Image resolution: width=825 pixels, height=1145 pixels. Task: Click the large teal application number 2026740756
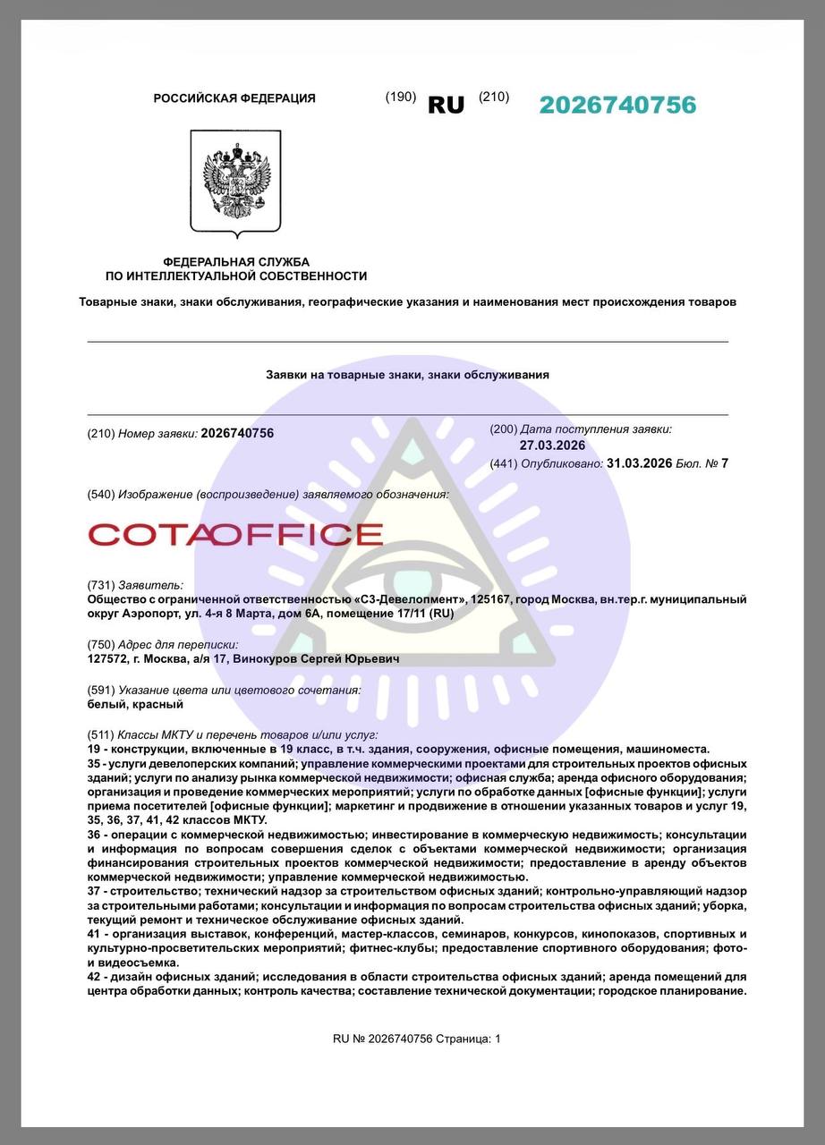[x=617, y=105]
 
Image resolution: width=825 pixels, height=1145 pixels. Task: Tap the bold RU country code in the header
[x=446, y=105]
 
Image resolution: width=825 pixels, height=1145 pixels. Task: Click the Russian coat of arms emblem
[x=235, y=182]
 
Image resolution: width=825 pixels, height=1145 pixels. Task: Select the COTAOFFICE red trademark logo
[x=235, y=535]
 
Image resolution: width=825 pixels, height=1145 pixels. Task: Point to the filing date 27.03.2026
[x=552, y=445]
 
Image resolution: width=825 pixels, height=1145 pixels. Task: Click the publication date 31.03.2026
[x=639, y=462]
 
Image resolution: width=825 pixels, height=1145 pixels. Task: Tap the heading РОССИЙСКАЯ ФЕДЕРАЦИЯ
[x=234, y=98]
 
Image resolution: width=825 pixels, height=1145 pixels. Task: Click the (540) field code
[x=101, y=495]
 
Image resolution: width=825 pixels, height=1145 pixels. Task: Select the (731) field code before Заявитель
[x=100, y=585]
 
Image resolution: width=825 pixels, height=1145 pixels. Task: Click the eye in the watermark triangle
[x=412, y=572]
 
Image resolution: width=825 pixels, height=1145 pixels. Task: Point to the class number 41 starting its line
[x=94, y=934]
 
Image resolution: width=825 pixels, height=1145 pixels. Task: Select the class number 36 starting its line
[x=94, y=835]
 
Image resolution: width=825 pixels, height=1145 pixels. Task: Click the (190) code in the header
[x=401, y=97]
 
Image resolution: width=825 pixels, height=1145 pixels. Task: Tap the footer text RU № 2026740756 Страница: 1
[x=417, y=1039]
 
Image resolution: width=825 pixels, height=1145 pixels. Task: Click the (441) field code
[x=504, y=463]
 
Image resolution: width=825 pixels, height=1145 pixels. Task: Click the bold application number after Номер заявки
[x=237, y=433]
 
